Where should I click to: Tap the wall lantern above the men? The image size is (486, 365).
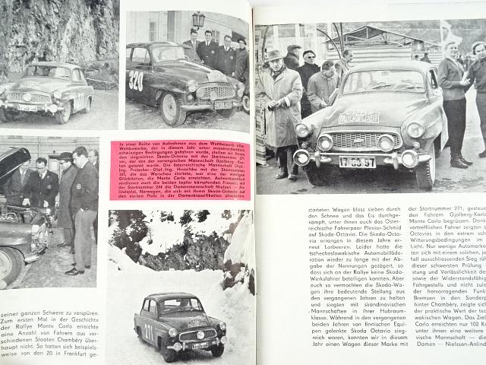click(198, 21)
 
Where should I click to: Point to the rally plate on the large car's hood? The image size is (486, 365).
click(358, 117)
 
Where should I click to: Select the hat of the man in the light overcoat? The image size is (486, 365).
click(274, 56)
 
